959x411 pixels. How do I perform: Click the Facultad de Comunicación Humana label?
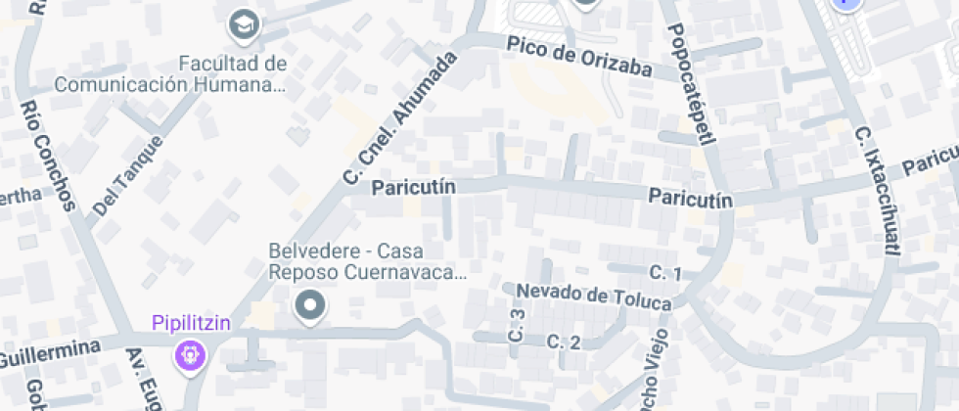coord(171,74)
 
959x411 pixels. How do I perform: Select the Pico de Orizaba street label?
coord(579,56)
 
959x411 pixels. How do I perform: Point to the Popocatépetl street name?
coord(693,84)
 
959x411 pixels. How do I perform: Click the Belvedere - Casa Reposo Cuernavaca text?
coord(368,260)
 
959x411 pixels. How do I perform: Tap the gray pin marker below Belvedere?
coord(311,306)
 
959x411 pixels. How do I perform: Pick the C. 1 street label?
coord(665,272)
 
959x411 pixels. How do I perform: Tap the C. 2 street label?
coord(564,342)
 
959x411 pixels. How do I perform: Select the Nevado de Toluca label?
coord(594,297)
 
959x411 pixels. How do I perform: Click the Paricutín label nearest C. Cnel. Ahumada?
coord(413,185)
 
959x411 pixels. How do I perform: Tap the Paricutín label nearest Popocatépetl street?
coord(691,199)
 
